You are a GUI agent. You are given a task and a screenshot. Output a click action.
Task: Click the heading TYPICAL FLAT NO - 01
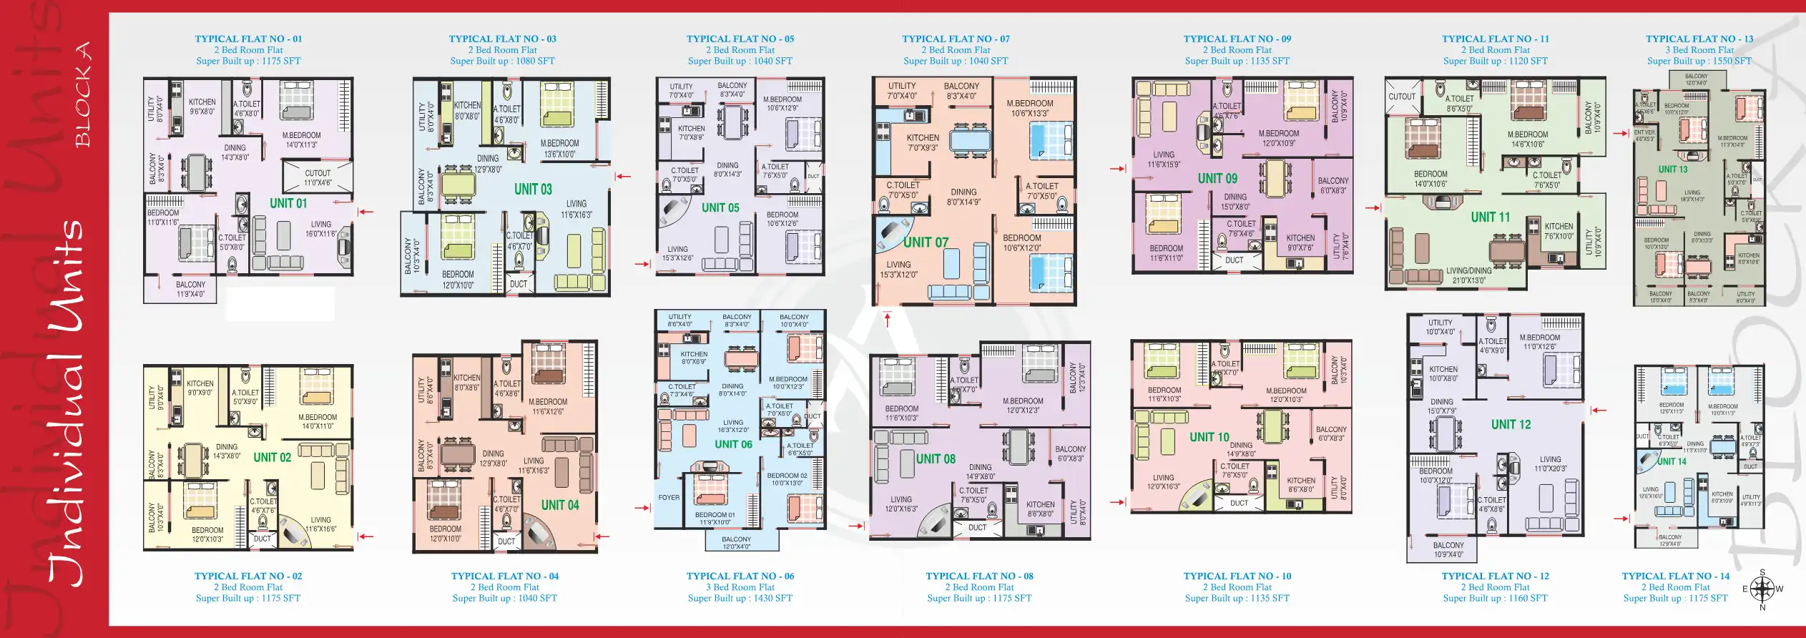coord(248,39)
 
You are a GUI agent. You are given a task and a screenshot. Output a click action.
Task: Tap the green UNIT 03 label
coord(533,190)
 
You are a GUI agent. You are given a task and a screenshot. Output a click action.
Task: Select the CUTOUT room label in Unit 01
coord(318,174)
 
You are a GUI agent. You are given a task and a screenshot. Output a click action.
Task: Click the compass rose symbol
coord(1762,589)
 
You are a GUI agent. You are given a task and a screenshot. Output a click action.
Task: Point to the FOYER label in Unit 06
coord(669,498)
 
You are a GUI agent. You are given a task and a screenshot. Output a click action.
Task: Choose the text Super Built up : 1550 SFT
coord(1699,62)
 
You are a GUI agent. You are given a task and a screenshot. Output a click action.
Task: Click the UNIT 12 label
coord(1511,424)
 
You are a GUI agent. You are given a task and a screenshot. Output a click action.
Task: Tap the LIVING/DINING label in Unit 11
coord(1468,272)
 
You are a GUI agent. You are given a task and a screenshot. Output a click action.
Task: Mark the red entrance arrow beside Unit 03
coord(623,176)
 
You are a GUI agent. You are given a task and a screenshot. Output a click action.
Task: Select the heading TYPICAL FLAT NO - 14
coord(1675,576)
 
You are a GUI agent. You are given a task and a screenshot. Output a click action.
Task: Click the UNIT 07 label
coord(925,242)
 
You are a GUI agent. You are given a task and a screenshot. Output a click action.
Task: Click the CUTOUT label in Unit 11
coord(1402,97)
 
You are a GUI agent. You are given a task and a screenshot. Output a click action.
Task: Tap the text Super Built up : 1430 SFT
coord(740,599)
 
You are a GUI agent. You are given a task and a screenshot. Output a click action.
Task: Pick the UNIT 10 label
coord(1209,437)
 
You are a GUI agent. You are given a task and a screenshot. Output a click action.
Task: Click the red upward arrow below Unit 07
coord(888,320)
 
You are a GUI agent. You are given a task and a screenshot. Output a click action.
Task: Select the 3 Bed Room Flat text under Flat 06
coord(740,587)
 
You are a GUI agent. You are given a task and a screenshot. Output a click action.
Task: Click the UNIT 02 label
coord(272,458)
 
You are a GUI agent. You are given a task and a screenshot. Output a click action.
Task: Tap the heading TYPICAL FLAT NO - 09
coord(1237,39)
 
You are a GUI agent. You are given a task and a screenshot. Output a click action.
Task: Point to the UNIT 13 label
coord(1672,170)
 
